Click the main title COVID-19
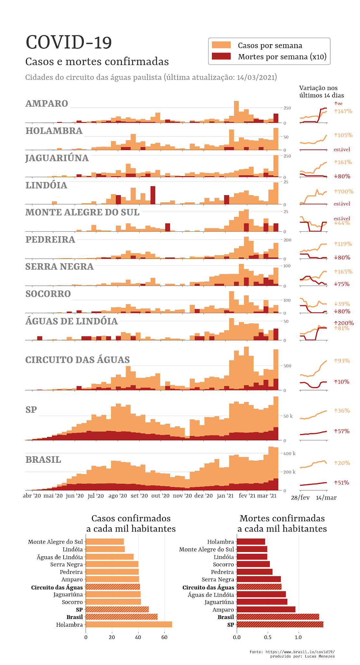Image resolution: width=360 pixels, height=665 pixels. (x=69, y=43)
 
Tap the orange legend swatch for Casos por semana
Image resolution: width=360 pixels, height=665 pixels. (x=221, y=45)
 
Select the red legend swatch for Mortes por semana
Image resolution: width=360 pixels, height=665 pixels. (x=221, y=56)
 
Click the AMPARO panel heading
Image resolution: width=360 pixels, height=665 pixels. (x=47, y=104)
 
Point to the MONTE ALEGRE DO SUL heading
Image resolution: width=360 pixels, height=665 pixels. (x=82, y=212)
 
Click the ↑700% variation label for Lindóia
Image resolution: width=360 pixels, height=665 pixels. (x=343, y=192)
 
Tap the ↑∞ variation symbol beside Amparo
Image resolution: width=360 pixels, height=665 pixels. (x=338, y=104)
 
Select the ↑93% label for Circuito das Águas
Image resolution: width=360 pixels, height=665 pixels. (x=341, y=361)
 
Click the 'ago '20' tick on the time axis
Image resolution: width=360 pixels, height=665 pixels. (x=118, y=496)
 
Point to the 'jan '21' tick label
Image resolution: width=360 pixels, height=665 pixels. (x=225, y=496)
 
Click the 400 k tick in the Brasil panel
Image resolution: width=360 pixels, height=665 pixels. (x=289, y=453)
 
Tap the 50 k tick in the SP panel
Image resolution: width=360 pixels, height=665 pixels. (x=288, y=416)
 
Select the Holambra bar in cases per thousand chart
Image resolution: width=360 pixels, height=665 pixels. (x=129, y=624)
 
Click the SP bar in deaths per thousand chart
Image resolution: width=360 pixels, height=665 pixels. (x=280, y=624)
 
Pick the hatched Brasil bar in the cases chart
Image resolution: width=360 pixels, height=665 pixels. (x=121, y=617)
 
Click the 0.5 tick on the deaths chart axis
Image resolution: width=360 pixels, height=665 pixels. (x=267, y=637)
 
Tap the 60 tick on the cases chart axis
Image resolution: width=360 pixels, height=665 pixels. (x=164, y=637)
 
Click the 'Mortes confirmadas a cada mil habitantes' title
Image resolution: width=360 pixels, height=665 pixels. (x=282, y=523)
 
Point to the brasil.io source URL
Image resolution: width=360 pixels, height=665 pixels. (x=300, y=652)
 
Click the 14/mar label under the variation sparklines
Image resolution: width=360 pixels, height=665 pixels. (x=326, y=498)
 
